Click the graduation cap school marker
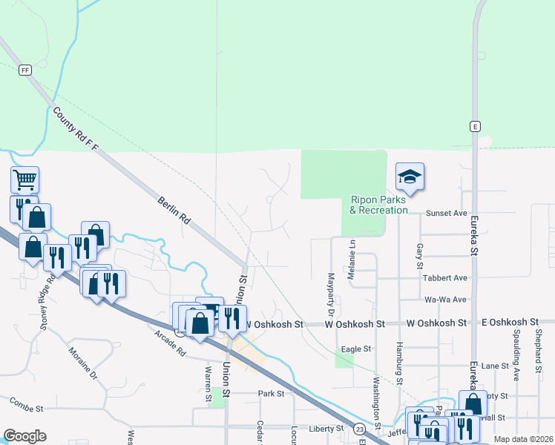click(x=410, y=177)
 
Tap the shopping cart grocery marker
click(x=25, y=179)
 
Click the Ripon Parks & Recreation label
click(x=379, y=205)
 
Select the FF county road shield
click(x=26, y=70)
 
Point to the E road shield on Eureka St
click(x=474, y=127)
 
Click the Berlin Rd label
click(x=174, y=211)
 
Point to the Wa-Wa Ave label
click(x=445, y=300)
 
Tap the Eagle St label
click(x=355, y=349)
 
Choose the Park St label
click(x=271, y=394)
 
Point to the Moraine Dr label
click(x=82, y=361)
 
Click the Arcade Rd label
click(x=170, y=343)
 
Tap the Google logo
click(x=24, y=436)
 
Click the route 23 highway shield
click(x=359, y=429)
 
